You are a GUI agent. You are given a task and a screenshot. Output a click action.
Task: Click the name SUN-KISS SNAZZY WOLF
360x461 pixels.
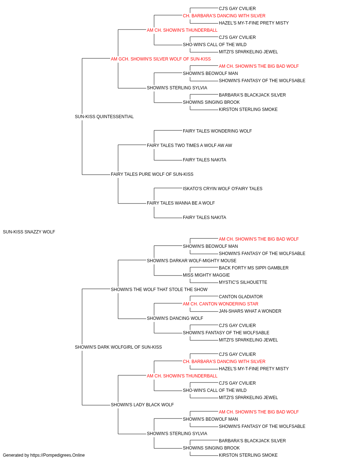pos(29,232)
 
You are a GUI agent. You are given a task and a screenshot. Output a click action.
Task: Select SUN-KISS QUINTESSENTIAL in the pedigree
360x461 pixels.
pos(104,117)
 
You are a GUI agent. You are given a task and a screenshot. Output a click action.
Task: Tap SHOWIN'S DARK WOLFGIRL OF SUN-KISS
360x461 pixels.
pos(118,347)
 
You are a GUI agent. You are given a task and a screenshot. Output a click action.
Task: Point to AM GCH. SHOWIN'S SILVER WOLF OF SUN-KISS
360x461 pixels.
pos(161,59)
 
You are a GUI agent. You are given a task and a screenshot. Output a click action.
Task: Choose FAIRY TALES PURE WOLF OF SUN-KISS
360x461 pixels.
pos(152,174)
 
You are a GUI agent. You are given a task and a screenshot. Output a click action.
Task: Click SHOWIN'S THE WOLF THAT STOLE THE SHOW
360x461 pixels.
pos(159,289)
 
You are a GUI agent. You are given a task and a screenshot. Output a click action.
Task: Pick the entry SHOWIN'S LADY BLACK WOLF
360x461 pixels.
pos(142,404)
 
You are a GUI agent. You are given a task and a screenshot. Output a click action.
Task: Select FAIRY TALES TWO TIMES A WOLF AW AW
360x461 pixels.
pos(189,145)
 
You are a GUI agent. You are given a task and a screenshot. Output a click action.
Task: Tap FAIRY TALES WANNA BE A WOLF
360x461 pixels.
pos(181,203)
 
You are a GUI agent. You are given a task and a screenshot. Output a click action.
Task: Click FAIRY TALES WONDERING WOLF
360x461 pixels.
pos(217,131)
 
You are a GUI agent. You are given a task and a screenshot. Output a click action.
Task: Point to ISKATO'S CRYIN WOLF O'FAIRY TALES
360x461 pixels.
pos(222,189)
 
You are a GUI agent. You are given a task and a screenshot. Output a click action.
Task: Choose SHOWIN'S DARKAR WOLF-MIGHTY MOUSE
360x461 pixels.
pos(192,260)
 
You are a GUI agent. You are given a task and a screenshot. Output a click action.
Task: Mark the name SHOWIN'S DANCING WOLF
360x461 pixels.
pos(175,318)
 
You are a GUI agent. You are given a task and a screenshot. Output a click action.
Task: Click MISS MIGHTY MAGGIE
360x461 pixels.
pos(206,275)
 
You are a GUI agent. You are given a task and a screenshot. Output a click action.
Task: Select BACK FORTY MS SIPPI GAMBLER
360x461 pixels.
pos(253,268)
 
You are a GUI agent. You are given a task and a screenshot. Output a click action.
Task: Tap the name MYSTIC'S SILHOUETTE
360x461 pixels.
pos(243,282)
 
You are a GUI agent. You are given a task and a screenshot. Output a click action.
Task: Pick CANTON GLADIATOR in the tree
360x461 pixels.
pos(240,296)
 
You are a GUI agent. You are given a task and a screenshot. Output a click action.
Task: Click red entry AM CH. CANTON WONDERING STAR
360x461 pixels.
pos(220,304)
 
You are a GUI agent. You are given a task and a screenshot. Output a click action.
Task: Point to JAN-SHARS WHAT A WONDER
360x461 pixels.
pos(250,311)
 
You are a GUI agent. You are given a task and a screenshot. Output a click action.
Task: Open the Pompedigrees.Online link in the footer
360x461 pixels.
pos(58,455)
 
